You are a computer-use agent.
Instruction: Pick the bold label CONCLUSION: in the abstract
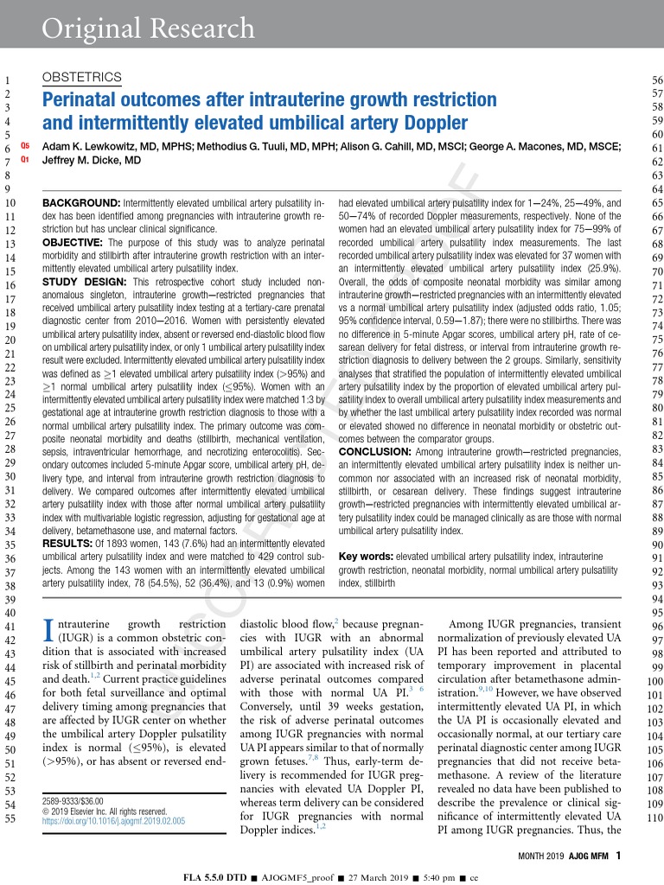pos(377,452)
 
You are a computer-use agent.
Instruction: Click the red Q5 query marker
pos(24,147)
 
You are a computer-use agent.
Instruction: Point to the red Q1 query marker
pos(24,160)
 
